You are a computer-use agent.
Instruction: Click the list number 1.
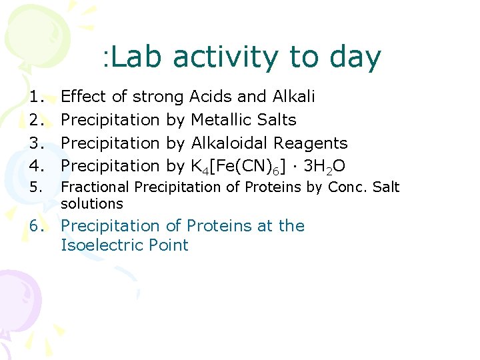(37, 97)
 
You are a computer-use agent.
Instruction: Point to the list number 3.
(37, 143)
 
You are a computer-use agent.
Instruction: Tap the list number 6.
(37, 227)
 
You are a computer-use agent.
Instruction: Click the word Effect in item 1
(83, 97)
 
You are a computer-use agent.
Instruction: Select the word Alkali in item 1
(294, 97)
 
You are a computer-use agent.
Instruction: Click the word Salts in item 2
(279, 120)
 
